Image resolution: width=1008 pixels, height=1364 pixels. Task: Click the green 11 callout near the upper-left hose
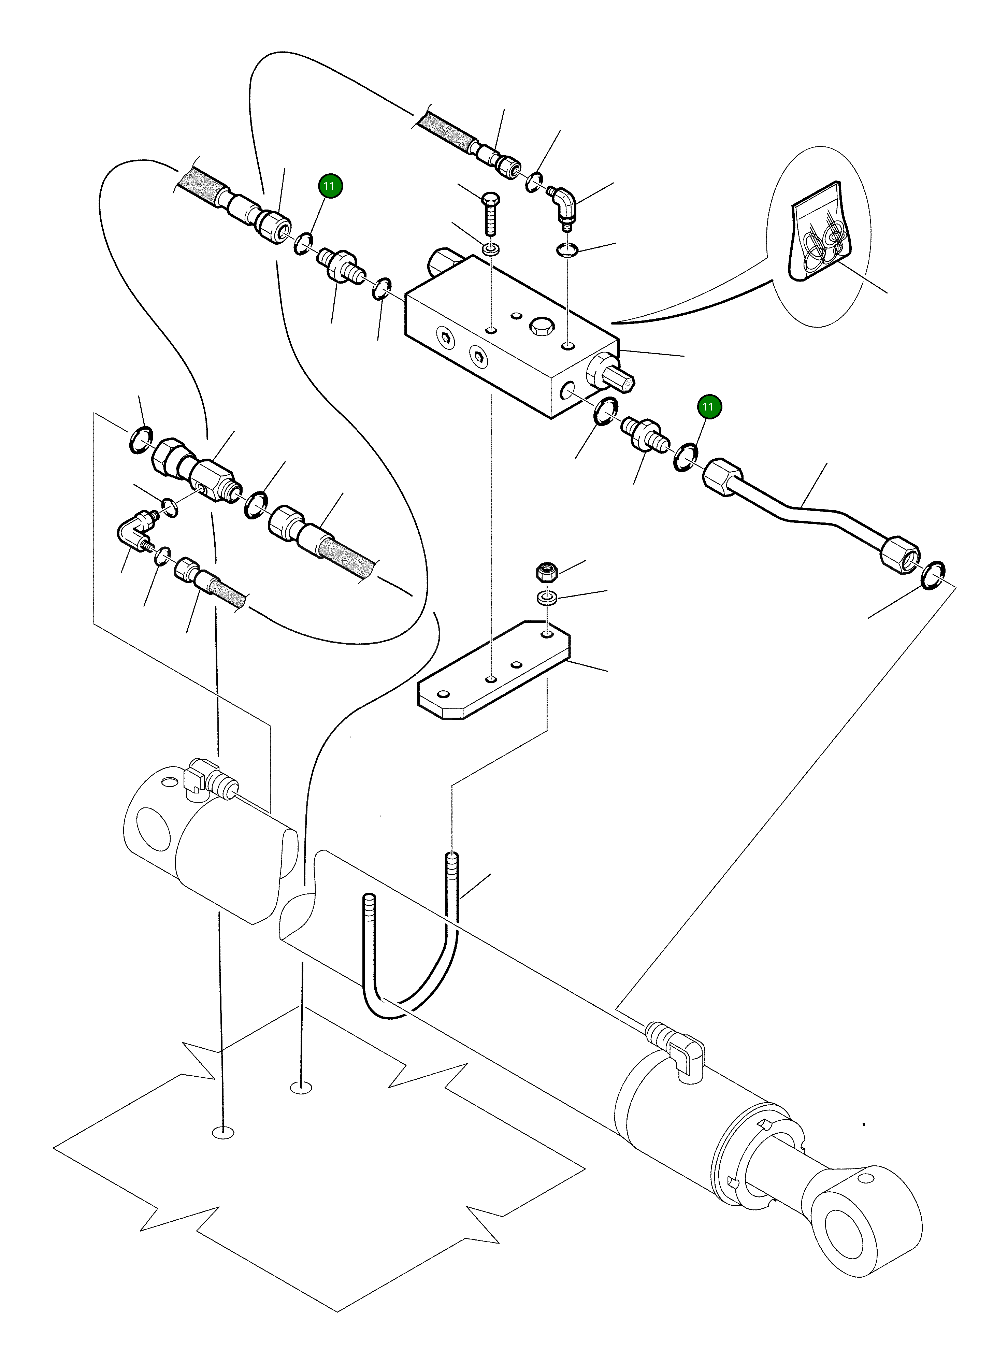[x=330, y=186]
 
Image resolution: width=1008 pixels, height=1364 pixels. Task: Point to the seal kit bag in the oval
[x=817, y=232]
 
